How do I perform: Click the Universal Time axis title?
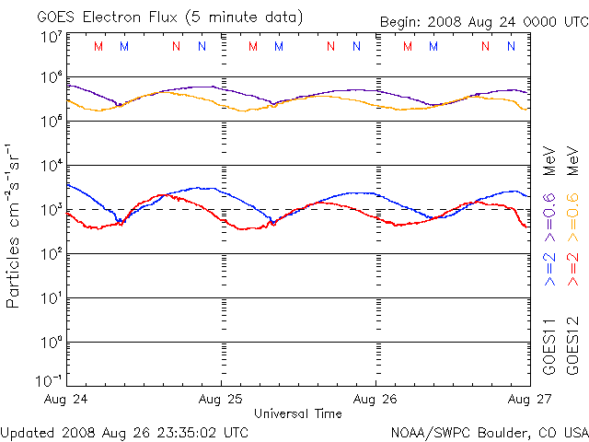(x=297, y=413)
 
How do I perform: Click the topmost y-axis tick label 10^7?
(x=52, y=38)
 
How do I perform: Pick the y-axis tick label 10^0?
(x=52, y=343)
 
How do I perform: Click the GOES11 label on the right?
(x=549, y=345)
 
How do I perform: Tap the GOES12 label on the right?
(x=573, y=345)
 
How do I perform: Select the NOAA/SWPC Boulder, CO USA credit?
(x=489, y=432)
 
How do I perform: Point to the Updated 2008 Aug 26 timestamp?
(x=125, y=432)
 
